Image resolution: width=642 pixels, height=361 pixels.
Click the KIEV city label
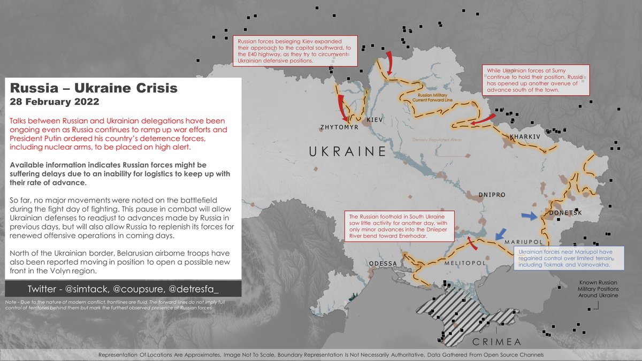point(376,120)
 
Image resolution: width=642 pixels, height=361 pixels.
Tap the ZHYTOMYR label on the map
point(338,128)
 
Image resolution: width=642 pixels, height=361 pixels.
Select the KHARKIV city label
point(526,137)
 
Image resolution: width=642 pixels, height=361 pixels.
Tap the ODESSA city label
point(383,264)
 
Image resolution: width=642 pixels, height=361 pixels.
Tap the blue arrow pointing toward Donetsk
point(529,216)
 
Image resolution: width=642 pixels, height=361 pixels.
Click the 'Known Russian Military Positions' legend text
point(598,289)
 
